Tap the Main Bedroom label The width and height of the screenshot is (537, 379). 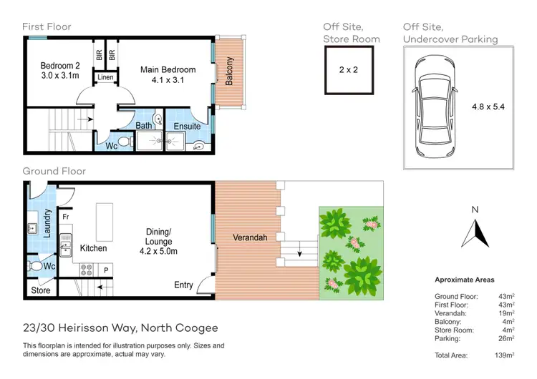pos(168,69)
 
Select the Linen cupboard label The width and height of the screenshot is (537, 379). pos(106,77)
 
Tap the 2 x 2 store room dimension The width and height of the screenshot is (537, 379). pos(349,69)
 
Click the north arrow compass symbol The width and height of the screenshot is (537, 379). pos(474,230)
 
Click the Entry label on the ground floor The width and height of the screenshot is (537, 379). pos(183,285)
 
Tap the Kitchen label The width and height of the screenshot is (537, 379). pos(93,248)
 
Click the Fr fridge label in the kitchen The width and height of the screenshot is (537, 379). pos(65,215)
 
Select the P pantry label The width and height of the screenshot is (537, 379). pos(105,270)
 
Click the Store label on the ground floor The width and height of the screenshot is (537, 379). pos(40,291)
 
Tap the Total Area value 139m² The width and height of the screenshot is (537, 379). pos(504,355)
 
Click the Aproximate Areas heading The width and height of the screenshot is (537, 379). pos(464,280)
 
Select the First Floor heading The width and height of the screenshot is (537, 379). pos(47,27)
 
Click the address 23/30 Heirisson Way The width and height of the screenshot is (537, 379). pos(120,328)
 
